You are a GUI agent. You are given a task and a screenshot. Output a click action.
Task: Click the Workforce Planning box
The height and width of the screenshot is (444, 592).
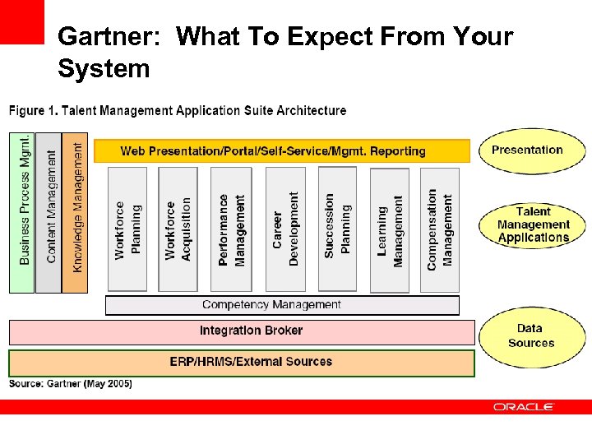pos(127,229)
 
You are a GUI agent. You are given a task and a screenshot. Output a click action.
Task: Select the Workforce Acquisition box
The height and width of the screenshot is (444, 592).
pos(178,229)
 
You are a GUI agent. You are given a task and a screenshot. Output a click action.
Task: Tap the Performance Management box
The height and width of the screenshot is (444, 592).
pos(231,229)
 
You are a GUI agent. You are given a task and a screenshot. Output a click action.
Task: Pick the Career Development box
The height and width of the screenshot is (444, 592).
pos(284,229)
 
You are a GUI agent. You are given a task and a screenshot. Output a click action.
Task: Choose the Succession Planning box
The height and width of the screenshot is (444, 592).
pos(337,229)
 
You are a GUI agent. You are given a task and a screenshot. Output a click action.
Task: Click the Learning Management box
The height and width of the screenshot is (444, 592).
pos(390,229)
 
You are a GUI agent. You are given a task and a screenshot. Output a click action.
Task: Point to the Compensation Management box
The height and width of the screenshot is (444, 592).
pos(439,229)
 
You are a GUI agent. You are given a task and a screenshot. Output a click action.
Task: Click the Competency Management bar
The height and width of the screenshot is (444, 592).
pos(282,305)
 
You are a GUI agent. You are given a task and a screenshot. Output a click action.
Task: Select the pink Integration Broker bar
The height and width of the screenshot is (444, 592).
pos(242,331)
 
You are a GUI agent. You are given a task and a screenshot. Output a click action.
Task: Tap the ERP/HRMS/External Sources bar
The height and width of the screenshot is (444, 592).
pos(242,362)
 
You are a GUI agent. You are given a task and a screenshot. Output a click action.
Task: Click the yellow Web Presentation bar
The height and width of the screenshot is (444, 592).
pos(281,151)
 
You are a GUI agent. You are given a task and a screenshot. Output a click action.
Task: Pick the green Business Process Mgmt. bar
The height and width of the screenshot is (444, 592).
pos(21,211)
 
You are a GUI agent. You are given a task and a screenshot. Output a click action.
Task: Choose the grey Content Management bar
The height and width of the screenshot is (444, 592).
pos(49,211)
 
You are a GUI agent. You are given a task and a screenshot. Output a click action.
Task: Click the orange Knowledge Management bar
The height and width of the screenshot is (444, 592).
pos(75,211)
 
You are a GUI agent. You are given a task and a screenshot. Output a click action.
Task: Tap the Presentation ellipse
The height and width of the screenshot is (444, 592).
pos(531,150)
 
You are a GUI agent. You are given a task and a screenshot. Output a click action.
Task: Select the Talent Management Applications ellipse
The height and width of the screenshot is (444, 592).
pos(533,224)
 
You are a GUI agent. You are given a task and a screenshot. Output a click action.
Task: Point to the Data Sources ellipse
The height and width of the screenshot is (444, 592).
pos(531,336)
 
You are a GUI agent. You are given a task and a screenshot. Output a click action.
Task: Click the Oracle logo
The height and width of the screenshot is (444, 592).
pos(524,407)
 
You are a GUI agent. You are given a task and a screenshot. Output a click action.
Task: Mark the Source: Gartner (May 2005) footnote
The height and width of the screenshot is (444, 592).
pos(70,384)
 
